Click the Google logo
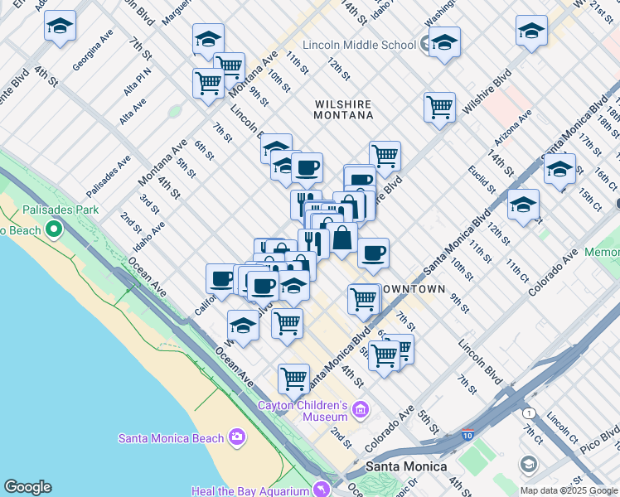point(27,487)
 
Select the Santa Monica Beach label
point(172,438)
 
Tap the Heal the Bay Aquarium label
point(249,490)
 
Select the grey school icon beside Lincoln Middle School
point(426,43)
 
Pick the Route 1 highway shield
point(528,412)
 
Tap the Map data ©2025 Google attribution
point(569,490)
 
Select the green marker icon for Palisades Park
point(55,228)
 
